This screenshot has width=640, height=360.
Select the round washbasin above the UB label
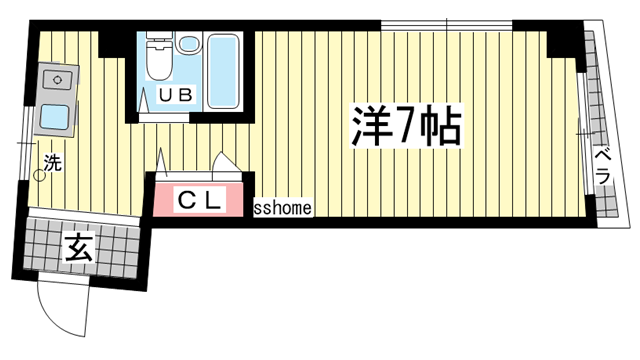pyautogui.click(x=188, y=46)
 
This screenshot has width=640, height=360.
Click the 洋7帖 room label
pyautogui.click(x=405, y=126)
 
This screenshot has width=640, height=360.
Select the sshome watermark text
pyautogui.click(x=284, y=209)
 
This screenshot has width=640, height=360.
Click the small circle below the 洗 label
pyautogui.click(x=40, y=174)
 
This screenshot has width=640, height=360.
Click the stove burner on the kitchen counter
pyautogui.click(x=54, y=78)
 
